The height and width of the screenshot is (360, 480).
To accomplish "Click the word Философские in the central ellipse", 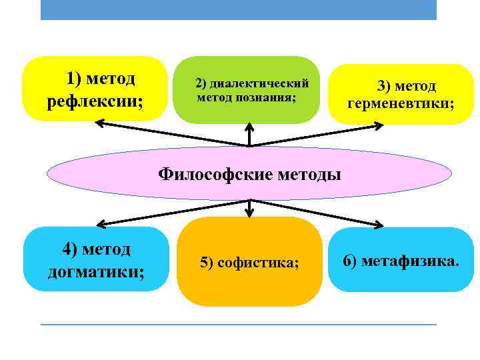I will [x=207, y=174].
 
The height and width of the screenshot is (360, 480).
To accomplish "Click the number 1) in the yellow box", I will [x=73, y=79].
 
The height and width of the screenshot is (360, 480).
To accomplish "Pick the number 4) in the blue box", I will [x=71, y=249].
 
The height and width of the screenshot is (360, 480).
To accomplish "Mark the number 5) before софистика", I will [x=207, y=263].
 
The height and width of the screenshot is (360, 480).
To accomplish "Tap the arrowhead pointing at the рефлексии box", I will [x=99, y=123].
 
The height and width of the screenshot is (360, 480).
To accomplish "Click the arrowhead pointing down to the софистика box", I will [x=249, y=213].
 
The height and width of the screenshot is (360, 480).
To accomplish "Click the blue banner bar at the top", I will [x=238, y=9].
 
